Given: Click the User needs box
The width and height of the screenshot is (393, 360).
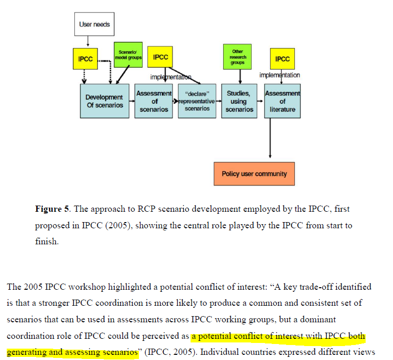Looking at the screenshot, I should click(94, 24).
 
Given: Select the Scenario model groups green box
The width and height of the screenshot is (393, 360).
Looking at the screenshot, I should click(128, 55).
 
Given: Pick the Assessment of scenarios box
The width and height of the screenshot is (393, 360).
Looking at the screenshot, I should click(154, 101).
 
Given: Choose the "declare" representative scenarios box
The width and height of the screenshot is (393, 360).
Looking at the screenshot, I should click(197, 101).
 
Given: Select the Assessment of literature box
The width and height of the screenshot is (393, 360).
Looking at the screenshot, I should click(282, 101).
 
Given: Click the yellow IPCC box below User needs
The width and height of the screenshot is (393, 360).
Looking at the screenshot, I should click(85, 59).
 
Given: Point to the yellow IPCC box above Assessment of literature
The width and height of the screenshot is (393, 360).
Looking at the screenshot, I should click(282, 59).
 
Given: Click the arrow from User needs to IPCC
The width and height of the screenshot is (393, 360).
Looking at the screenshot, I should click(89, 41).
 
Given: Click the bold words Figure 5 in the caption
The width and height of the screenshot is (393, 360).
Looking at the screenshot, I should click(52, 209).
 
